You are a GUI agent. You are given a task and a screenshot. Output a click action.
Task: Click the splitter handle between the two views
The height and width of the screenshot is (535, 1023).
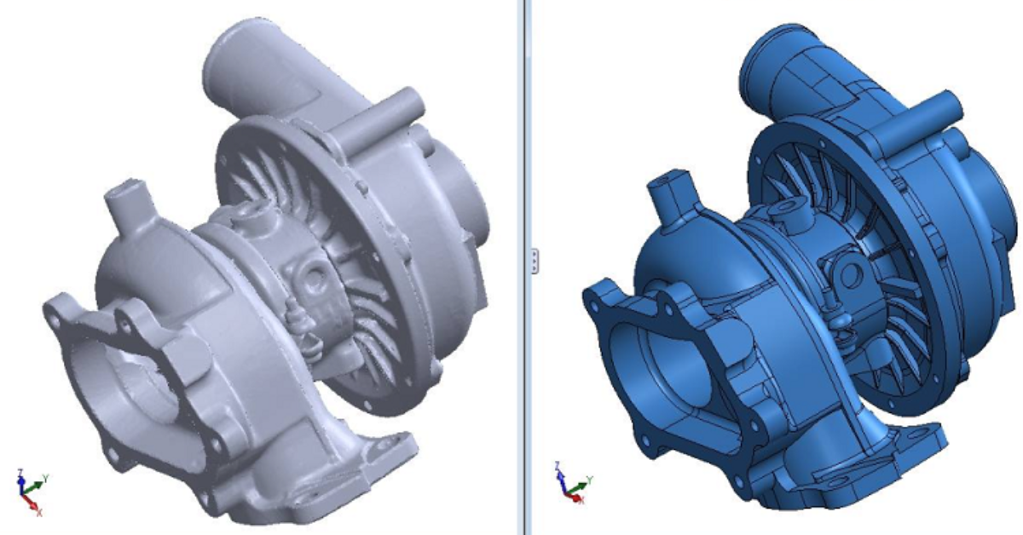click(x=535, y=261)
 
